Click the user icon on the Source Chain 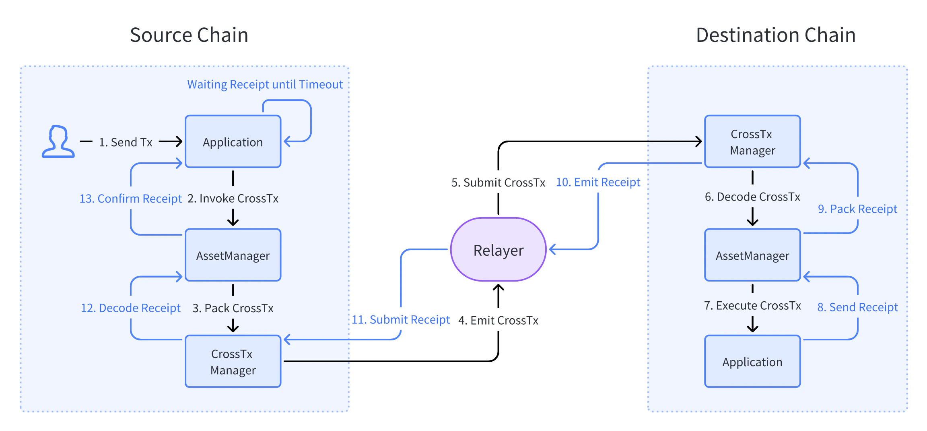click(x=58, y=141)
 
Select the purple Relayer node click(x=498, y=250)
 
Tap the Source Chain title click(x=189, y=35)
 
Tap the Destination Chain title click(x=775, y=35)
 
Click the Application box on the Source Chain click(x=233, y=142)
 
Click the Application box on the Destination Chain click(x=752, y=361)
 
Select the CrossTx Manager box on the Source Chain click(x=233, y=361)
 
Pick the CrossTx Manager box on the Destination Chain click(x=752, y=142)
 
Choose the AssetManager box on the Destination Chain click(x=752, y=255)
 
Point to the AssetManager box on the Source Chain click(x=233, y=255)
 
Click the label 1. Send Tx click(x=126, y=142)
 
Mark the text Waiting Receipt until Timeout click(x=265, y=85)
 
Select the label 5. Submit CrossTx click(x=498, y=182)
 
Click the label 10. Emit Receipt click(x=598, y=182)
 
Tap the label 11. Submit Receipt click(x=401, y=319)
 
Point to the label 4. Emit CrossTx click(x=498, y=320)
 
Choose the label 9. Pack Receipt click(x=857, y=209)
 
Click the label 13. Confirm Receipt click(x=130, y=199)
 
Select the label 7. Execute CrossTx click(x=752, y=306)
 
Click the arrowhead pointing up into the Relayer click(x=498, y=288)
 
